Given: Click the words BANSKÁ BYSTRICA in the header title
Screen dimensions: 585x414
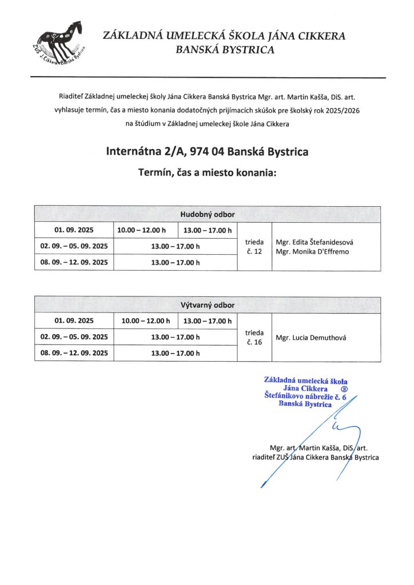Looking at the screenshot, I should click(x=225, y=50).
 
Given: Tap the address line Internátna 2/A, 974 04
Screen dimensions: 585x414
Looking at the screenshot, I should click(x=207, y=152).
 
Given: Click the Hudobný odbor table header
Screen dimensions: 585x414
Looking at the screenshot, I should click(x=208, y=214).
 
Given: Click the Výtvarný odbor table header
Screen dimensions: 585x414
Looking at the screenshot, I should click(x=208, y=305).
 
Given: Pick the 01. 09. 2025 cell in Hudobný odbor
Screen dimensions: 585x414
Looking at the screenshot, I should click(x=74, y=230).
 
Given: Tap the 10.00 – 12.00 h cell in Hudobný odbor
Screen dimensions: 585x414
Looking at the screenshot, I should click(x=145, y=230).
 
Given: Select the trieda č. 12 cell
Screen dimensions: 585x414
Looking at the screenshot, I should click(x=254, y=246).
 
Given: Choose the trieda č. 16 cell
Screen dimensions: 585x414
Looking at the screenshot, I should click(x=254, y=337).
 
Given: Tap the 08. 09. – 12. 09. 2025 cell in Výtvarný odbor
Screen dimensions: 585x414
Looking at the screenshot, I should click(x=74, y=354).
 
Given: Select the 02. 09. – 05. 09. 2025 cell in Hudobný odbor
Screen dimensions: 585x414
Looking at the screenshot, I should click(x=74, y=246).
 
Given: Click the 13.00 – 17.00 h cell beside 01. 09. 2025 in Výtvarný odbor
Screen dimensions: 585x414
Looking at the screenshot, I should click(x=208, y=322).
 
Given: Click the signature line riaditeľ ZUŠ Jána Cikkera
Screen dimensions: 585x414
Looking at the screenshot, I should click(x=315, y=457).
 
